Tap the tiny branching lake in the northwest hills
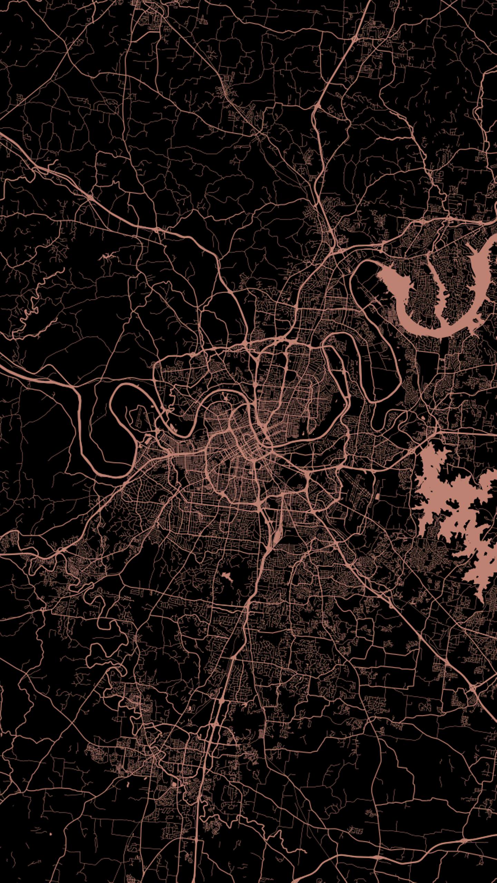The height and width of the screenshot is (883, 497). pos(107,257)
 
